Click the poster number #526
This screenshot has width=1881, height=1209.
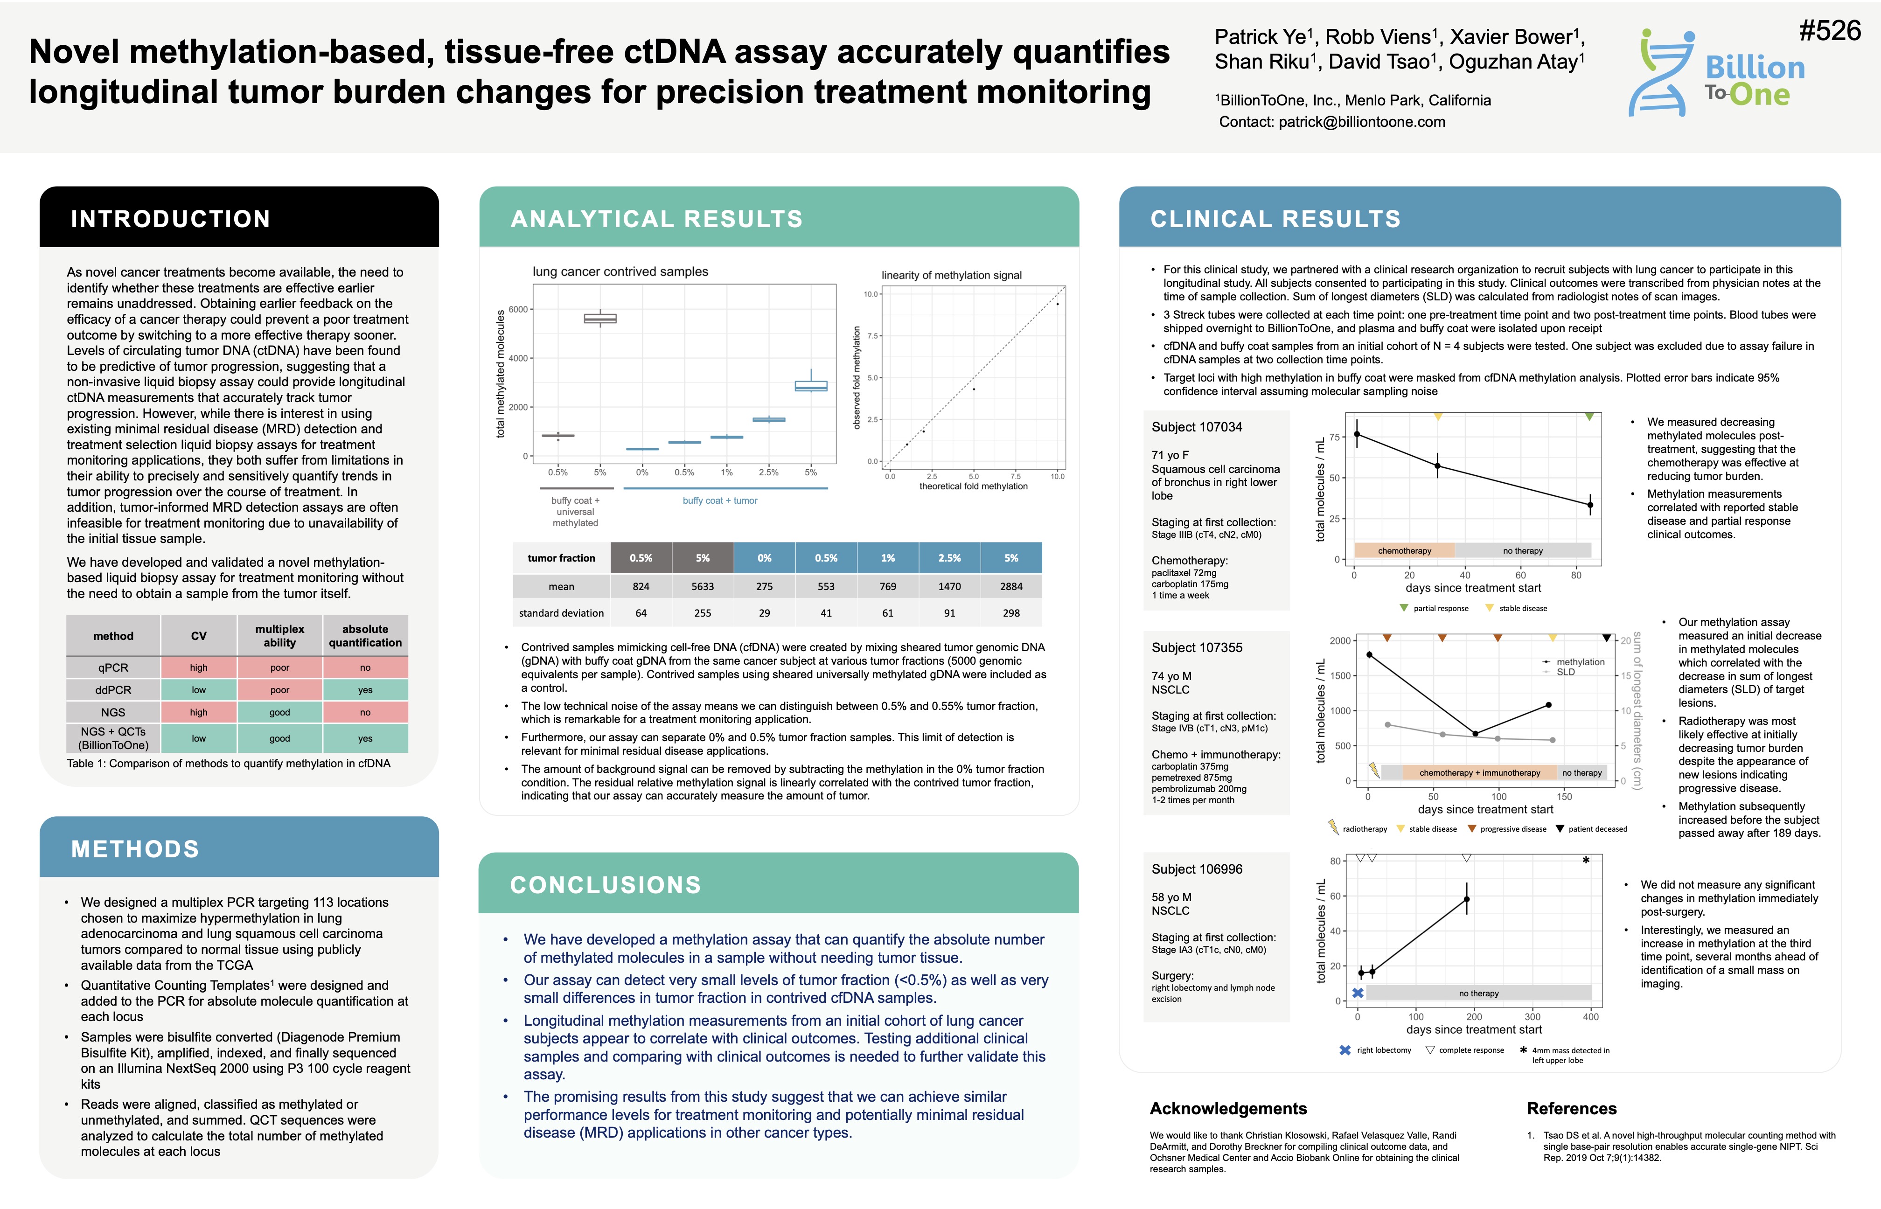coord(1829,31)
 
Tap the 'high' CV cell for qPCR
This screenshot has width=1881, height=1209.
coord(199,668)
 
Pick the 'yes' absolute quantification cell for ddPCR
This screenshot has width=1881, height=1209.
coord(365,690)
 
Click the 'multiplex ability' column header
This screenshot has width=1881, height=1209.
coord(279,636)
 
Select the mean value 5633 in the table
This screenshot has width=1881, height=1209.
coord(703,586)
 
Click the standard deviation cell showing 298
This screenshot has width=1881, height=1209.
coord(1011,613)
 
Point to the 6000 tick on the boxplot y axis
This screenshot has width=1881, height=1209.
coord(518,309)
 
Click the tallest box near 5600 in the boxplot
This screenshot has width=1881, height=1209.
coord(600,319)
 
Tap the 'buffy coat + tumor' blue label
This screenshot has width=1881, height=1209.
coord(720,501)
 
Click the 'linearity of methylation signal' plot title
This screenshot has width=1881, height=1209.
coord(952,276)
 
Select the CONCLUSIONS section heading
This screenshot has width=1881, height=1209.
coord(605,885)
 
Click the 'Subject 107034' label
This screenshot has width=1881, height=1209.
coord(1197,427)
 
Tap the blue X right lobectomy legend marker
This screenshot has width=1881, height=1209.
coord(1345,1050)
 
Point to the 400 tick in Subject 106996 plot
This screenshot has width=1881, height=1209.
coord(1590,1017)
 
